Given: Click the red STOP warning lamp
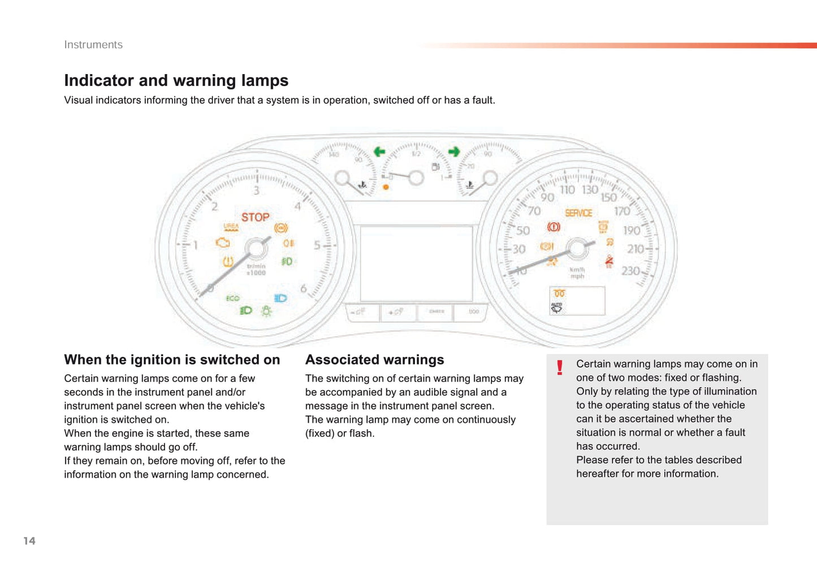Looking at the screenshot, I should point(256,217).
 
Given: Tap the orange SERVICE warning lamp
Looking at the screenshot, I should point(578,213).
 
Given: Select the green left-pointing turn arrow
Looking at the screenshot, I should point(379,151).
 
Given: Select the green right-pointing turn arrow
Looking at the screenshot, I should point(453,151).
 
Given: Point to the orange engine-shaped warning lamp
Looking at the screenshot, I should point(223,242).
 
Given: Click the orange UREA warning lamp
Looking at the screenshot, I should point(231,227).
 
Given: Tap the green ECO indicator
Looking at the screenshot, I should point(232,298).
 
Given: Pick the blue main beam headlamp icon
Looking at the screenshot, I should point(280,298).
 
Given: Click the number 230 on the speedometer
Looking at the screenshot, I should point(630,271).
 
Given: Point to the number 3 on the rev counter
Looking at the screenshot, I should point(256,190).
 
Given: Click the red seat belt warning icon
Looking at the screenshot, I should point(609,261).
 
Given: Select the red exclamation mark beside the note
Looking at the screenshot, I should point(560,368).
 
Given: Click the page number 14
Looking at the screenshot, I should point(29,541).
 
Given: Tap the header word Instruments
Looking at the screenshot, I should point(93,45).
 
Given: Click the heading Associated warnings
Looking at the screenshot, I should point(374,360).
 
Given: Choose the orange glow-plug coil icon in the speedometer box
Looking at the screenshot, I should point(559,293).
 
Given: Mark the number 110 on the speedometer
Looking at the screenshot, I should point(567,190).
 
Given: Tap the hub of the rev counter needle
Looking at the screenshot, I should point(256,249).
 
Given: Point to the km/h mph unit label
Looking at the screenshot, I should point(577,273).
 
